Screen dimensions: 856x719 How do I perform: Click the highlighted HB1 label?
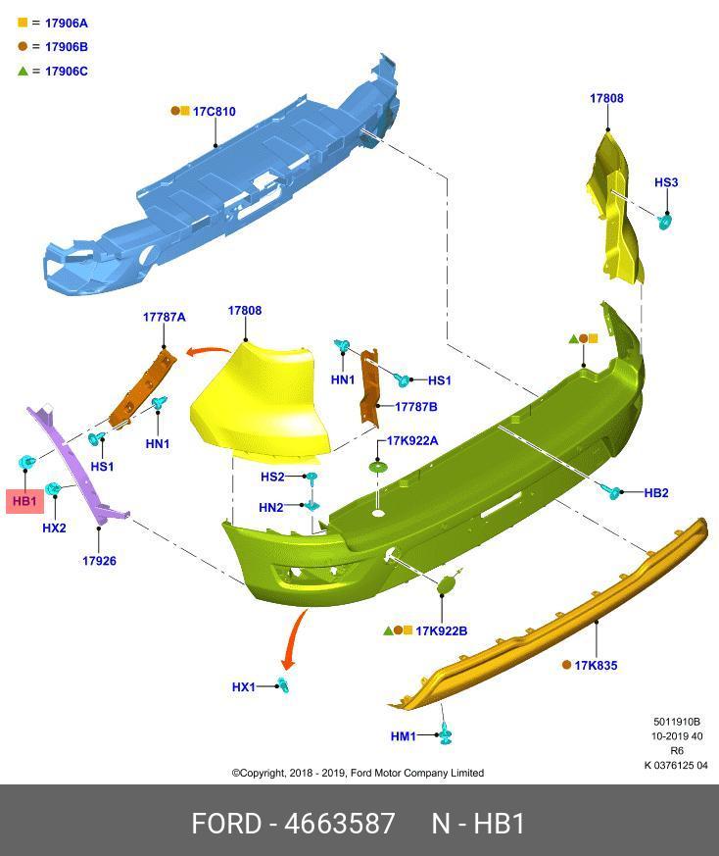[24, 501]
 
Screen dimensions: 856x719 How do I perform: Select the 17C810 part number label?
[214, 112]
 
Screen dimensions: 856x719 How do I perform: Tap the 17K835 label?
[596, 666]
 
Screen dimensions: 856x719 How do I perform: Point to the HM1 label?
[404, 736]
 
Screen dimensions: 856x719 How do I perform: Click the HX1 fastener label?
[243, 687]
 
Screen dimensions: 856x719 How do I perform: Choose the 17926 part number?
[99, 561]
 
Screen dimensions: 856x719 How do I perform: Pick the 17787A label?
[164, 317]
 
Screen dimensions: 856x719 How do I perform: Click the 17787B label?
[415, 406]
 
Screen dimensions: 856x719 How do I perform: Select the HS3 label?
[666, 182]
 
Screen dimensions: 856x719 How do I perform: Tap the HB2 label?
[656, 492]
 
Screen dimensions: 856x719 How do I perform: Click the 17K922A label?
[412, 441]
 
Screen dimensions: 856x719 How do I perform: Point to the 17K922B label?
[441, 630]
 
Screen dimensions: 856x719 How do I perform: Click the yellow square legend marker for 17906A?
[23, 23]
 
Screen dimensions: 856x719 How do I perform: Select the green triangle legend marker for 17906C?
[23, 71]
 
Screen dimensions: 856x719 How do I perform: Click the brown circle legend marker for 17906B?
[23, 46]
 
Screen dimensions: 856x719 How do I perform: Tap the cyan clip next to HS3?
[664, 222]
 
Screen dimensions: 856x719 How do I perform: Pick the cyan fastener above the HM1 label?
[446, 731]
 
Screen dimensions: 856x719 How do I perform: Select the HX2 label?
[54, 528]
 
